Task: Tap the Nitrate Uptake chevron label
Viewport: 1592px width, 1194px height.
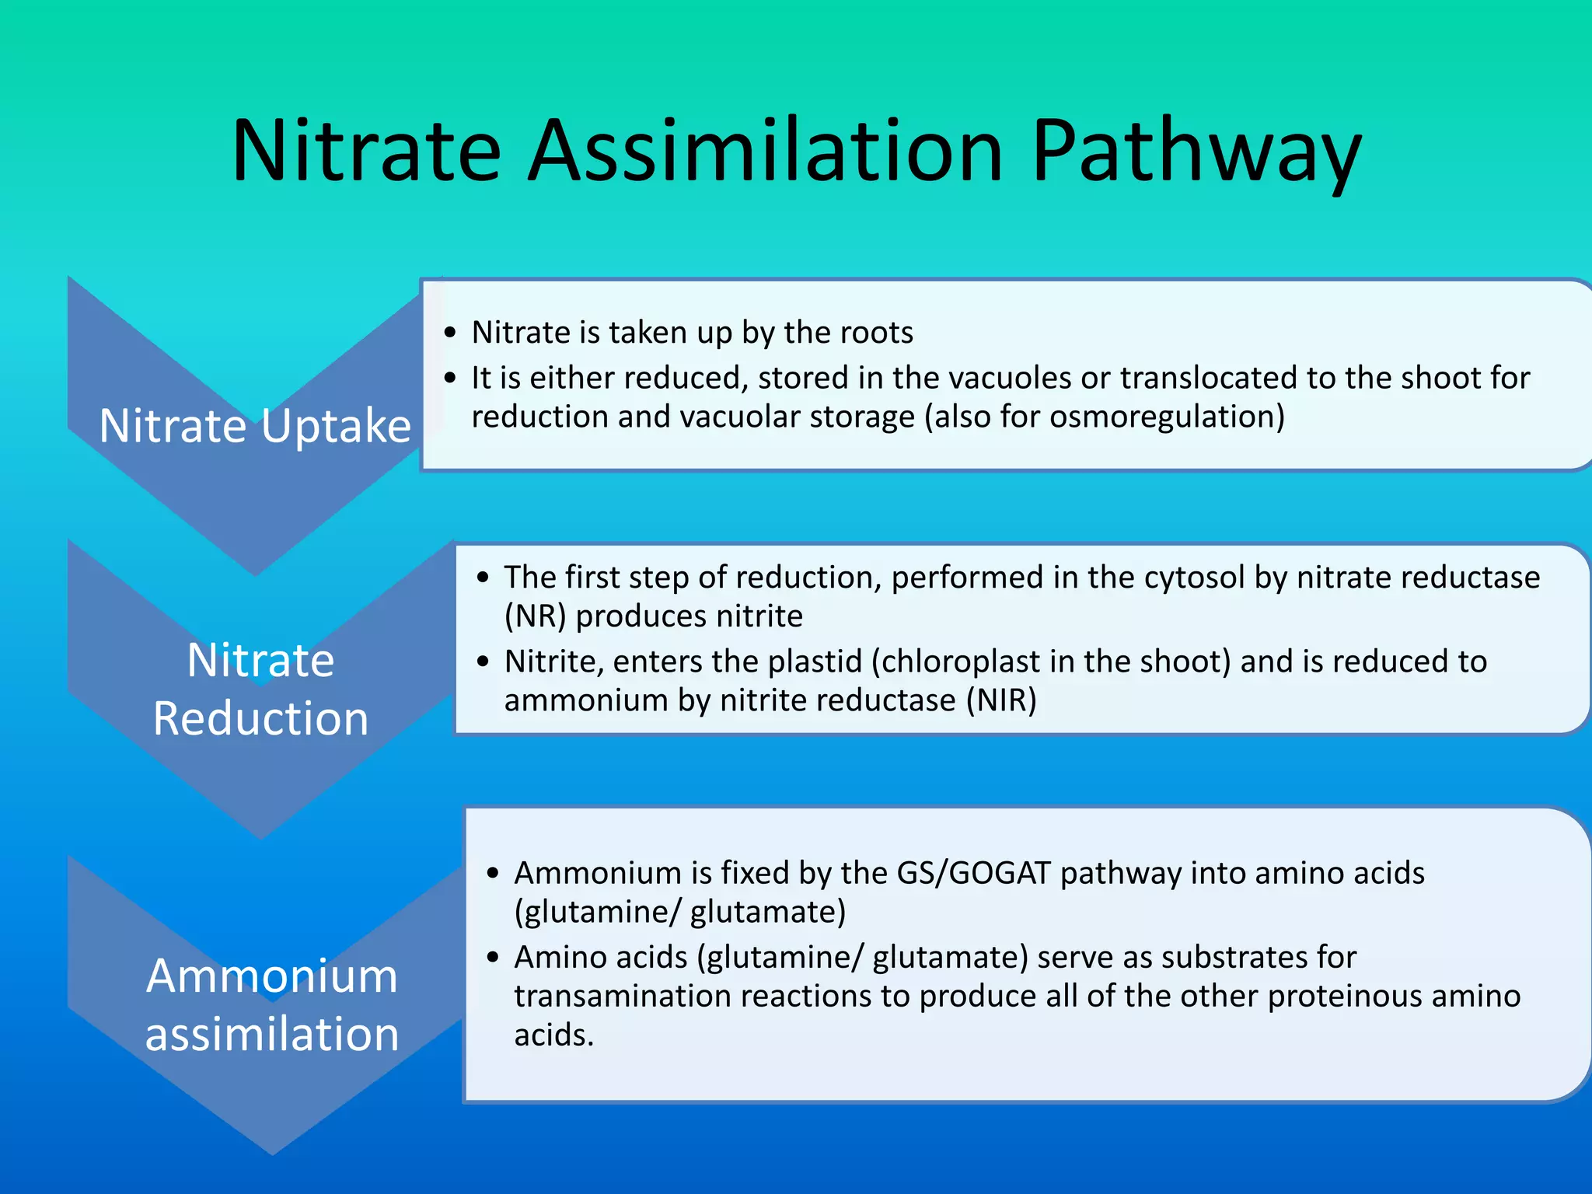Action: tap(255, 426)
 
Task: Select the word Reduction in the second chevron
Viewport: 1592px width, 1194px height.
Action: tap(260, 717)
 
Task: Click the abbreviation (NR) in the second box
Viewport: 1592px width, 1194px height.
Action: tap(536, 616)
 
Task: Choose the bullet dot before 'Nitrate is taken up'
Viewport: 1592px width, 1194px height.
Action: tap(450, 333)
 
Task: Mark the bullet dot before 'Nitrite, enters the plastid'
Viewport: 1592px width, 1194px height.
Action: tap(484, 662)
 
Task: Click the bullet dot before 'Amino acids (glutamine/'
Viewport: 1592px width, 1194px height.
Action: tap(493, 957)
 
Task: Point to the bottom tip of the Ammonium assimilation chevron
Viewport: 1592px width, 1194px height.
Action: tap(272, 1152)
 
